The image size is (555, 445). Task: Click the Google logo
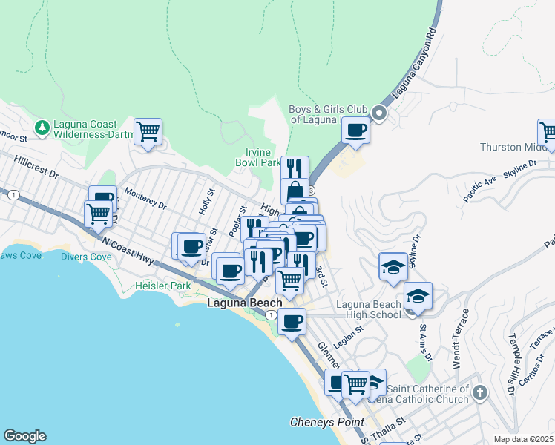[x=24, y=436]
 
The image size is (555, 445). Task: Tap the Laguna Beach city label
[x=245, y=303]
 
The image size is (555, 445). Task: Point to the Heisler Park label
[x=162, y=286]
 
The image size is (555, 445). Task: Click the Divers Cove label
[x=86, y=257]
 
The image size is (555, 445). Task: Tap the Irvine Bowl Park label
[x=257, y=157]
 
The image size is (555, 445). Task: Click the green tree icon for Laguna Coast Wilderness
[x=42, y=128]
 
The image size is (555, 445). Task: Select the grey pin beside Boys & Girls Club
[x=379, y=113]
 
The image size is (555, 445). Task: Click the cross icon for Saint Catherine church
[x=480, y=392]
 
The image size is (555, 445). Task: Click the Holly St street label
[x=206, y=201]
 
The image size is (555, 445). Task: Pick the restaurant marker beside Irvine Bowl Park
[x=295, y=168]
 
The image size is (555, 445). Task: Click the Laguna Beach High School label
[x=369, y=309]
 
